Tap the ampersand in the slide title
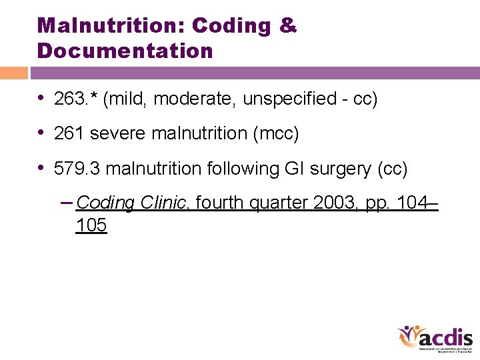(288, 26)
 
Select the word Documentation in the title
(125, 51)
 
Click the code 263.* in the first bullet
(75, 99)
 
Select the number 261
(69, 133)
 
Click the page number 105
(91, 226)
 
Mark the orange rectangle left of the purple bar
(13, 73)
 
